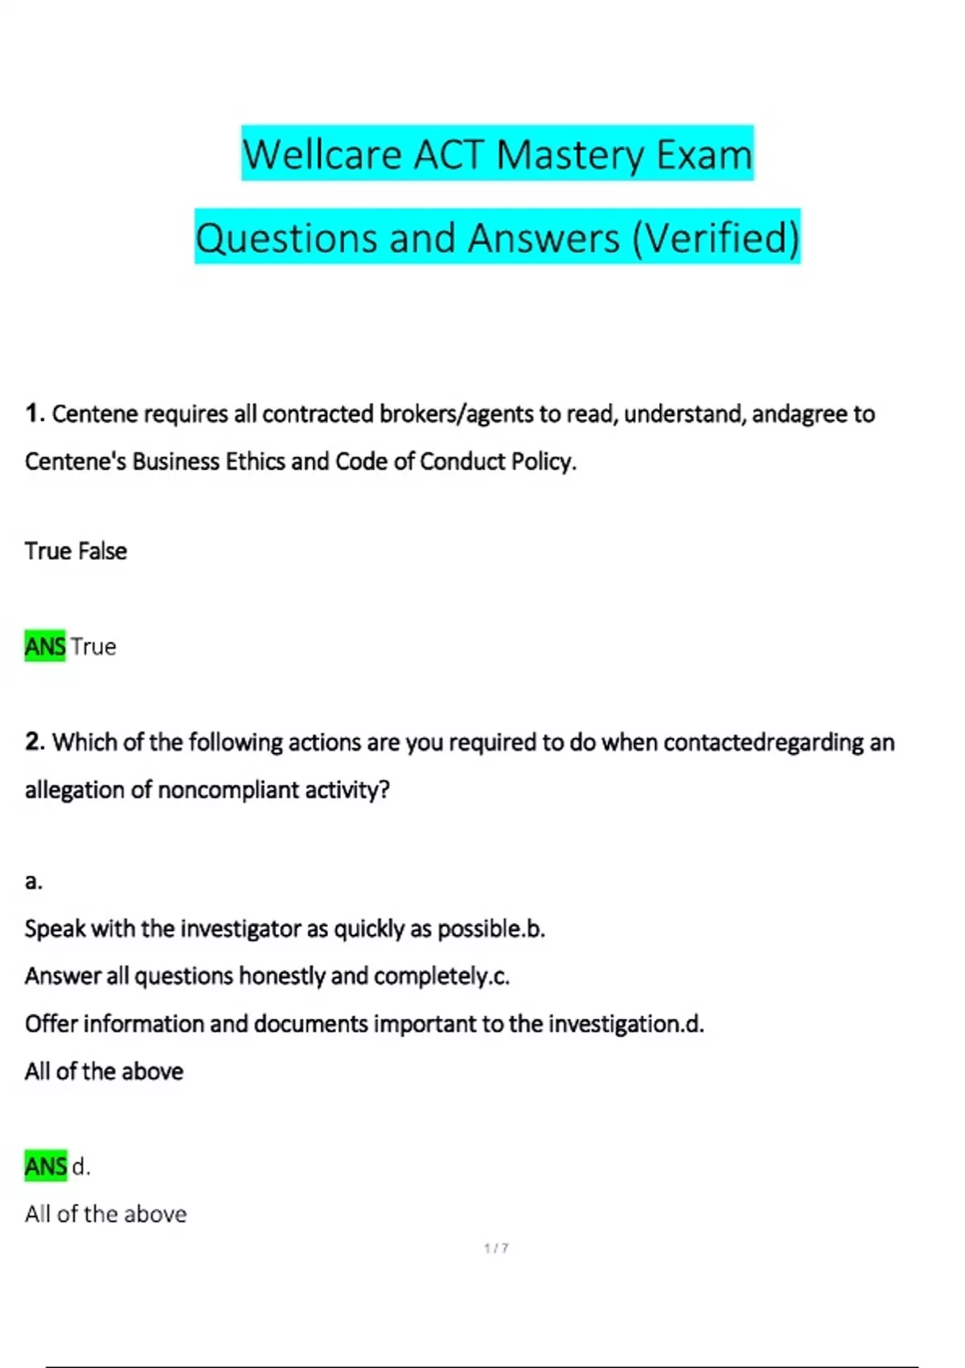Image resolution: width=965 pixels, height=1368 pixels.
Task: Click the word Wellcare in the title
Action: [322, 155]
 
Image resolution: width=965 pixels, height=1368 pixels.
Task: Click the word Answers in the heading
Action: [544, 238]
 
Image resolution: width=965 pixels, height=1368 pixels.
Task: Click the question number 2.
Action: [34, 742]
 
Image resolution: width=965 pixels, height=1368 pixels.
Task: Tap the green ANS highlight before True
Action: [45, 646]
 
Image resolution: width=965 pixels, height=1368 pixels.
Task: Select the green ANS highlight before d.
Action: [45, 1166]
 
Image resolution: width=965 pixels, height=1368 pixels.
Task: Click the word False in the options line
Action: [102, 551]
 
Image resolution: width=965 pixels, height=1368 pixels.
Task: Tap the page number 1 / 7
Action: [496, 1248]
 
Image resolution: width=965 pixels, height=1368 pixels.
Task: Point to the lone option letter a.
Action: [33, 882]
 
